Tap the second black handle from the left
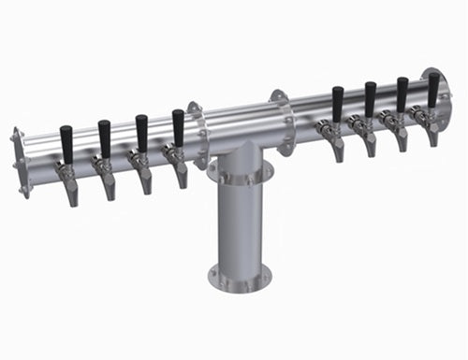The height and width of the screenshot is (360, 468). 105,138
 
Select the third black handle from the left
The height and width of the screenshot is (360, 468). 141,132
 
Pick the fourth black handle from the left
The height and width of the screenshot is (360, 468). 178,126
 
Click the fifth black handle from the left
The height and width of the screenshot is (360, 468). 337,103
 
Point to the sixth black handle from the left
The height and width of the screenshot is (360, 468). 370,98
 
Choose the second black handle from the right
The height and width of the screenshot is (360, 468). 402,94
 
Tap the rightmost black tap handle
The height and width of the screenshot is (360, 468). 433,89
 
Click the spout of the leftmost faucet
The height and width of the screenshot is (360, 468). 72,194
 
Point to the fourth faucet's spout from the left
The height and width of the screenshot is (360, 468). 182,176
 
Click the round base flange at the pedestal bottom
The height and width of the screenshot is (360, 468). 239,277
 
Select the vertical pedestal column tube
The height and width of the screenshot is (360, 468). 239,224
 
